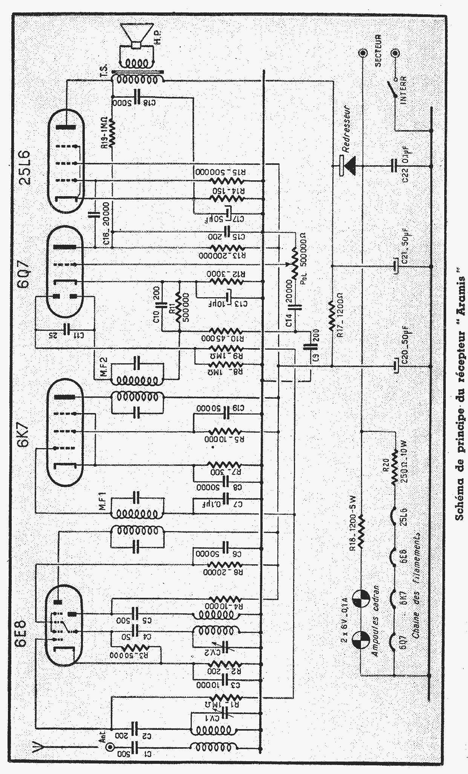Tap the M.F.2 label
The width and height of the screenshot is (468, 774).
(x=104, y=365)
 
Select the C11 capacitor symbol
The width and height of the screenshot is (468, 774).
(x=67, y=329)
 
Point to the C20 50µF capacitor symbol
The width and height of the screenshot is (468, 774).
(x=395, y=366)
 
